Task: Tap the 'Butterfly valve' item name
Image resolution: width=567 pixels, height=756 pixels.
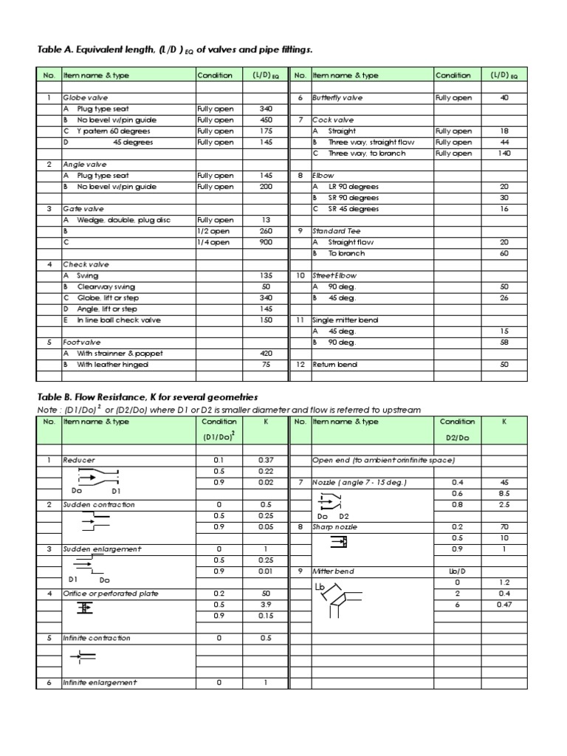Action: [337, 98]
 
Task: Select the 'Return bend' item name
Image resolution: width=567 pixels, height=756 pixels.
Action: [331, 365]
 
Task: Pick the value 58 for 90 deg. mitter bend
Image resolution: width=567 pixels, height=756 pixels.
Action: [504, 343]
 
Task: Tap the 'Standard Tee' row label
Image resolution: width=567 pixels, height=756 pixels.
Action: [333, 231]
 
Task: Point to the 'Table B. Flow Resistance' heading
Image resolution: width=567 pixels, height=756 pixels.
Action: [147, 397]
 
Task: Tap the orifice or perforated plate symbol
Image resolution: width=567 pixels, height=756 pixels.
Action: [86, 607]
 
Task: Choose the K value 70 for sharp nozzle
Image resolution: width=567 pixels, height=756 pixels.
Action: [504, 528]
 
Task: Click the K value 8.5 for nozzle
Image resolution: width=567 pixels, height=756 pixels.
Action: [504, 494]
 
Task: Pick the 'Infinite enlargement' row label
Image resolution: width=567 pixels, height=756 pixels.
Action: [100, 683]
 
